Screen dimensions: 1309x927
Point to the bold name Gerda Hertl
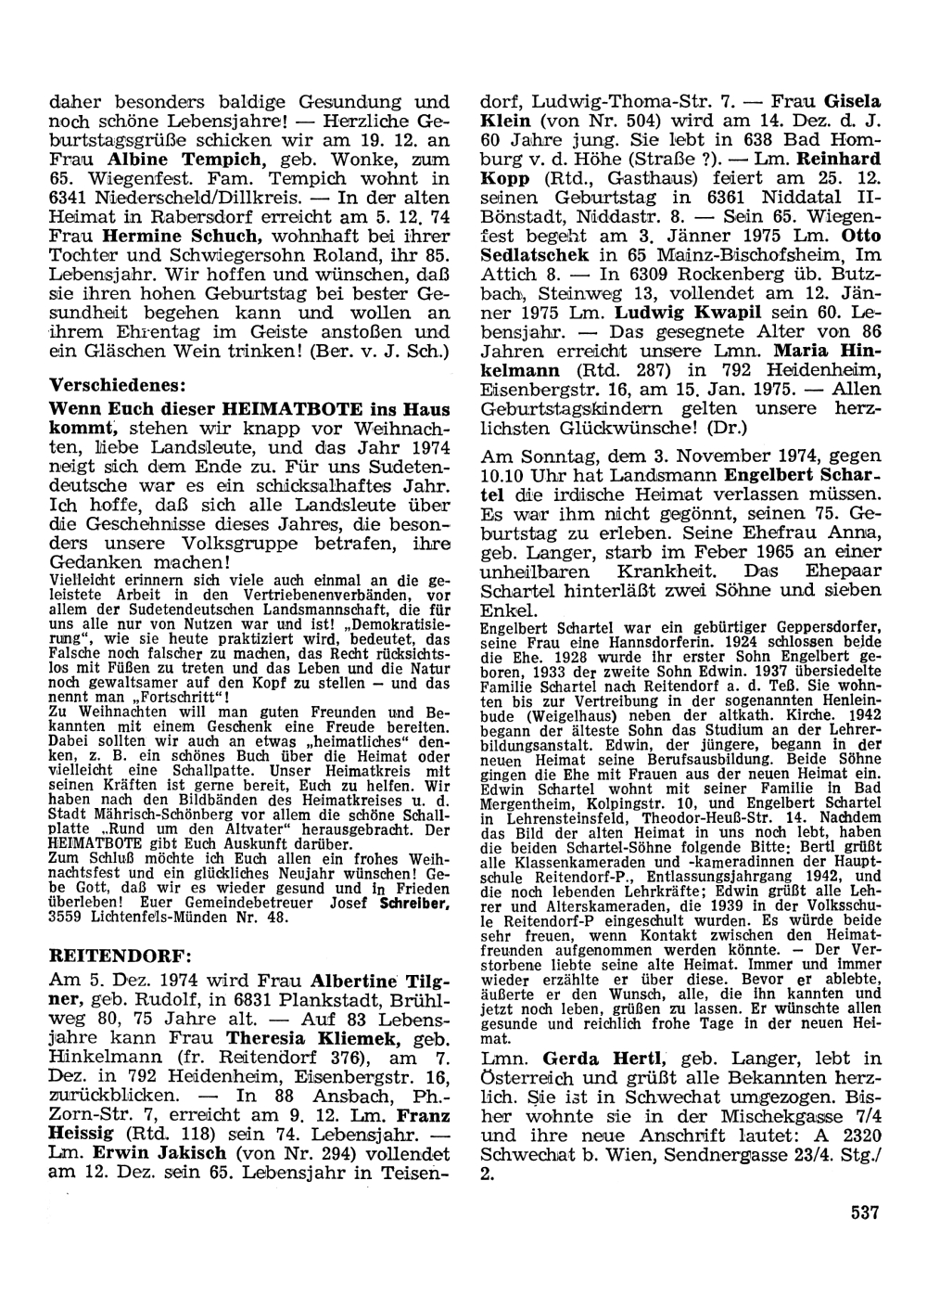click(x=610, y=1058)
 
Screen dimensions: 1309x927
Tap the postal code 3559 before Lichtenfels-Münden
click(x=66, y=918)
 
